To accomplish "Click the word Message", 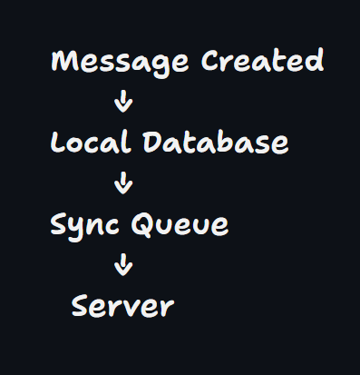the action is coord(120,63).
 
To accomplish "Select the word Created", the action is coord(262,60).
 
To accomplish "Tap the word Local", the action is coord(91,141).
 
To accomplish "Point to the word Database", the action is coord(216,142).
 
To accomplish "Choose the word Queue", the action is coord(180,224).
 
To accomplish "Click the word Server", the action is coord(122,306).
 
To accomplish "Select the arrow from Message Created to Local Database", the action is coord(123,101).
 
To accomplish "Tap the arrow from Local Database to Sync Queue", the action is coord(123,183).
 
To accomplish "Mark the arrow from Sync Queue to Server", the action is coord(123,264).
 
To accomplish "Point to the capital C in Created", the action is coord(211,60).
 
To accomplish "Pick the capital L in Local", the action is coord(58,142).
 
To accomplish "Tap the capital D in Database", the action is coord(153,142).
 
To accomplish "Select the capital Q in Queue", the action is coord(143,224).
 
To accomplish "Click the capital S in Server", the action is coord(82,306).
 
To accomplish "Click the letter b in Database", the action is coord(224,142).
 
